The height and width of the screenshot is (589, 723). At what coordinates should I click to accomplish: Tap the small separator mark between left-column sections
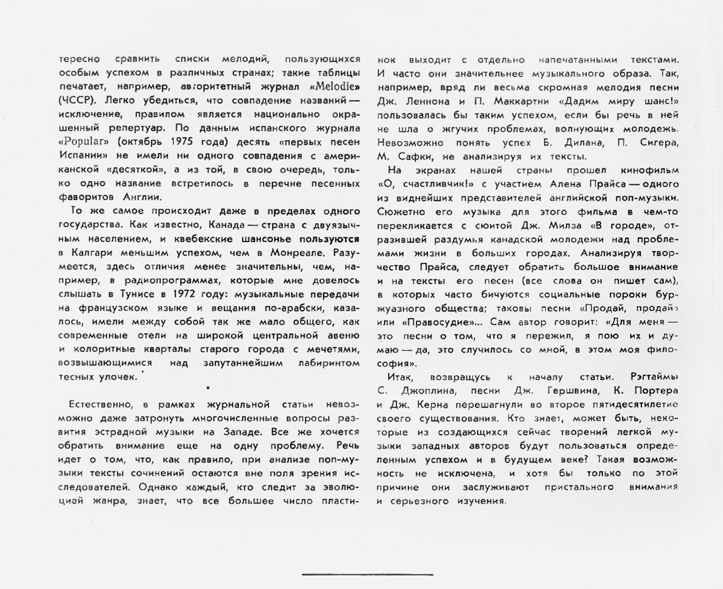[x=208, y=387]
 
